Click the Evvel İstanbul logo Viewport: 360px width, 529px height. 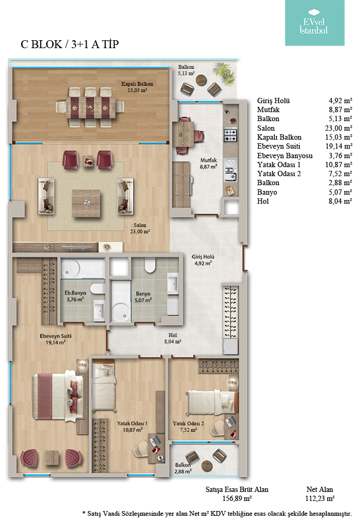[x=315, y=23]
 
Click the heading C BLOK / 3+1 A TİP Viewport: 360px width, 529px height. [x=70, y=44]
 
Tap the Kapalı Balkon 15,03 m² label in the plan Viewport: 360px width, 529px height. [x=137, y=87]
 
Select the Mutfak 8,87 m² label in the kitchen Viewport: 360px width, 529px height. [x=209, y=163]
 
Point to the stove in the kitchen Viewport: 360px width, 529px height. [x=230, y=135]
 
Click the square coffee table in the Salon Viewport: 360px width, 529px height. [x=86, y=204]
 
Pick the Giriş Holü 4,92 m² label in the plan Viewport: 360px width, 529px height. [x=203, y=260]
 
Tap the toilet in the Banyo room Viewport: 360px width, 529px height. [x=150, y=265]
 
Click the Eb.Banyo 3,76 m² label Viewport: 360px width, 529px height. [x=75, y=296]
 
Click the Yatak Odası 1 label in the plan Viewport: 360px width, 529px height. [x=133, y=423]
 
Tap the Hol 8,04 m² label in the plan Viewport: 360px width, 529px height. [x=172, y=339]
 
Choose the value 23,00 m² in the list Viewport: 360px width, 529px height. [x=338, y=128]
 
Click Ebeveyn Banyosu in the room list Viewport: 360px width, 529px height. [x=285, y=156]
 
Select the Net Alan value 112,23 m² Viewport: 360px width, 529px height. [x=320, y=499]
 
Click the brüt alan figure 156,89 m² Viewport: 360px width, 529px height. [x=237, y=499]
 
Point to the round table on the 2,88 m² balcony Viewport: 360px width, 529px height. [x=207, y=466]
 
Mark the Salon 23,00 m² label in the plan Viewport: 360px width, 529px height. [x=140, y=229]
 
